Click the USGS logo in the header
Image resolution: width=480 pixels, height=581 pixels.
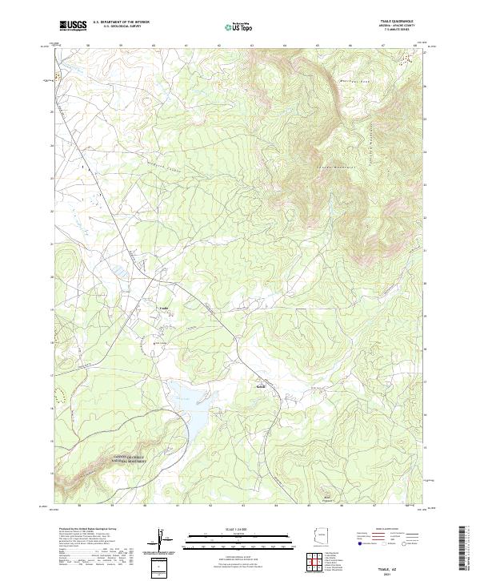coord(73,26)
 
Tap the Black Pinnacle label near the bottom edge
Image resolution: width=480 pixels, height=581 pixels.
coord(326,498)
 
